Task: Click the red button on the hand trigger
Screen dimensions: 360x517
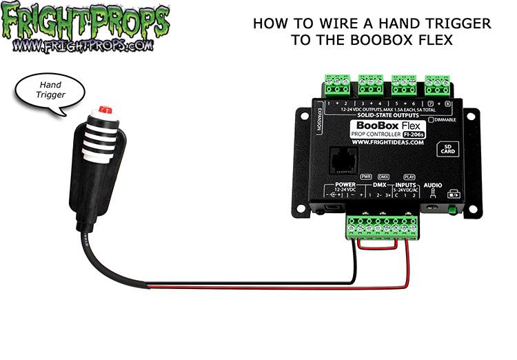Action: pos(105,110)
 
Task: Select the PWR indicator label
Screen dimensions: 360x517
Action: pos(366,177)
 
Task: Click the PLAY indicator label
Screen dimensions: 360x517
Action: pos(409,177)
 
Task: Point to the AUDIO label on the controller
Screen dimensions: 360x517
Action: pos(433,186)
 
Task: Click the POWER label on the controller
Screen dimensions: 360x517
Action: pos(345,185)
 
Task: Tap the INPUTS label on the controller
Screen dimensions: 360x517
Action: pos(405,185)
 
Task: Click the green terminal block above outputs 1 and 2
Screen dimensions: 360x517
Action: pos(338,86)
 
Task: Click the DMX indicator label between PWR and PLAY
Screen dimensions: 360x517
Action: pos(385,177)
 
